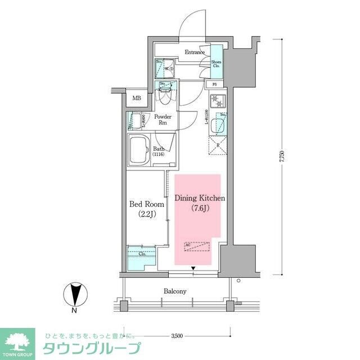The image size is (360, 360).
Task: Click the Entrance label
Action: (x=195, y=52)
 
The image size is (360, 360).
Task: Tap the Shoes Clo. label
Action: (x=216, y=64)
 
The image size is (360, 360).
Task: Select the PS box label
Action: (x=215, y=85)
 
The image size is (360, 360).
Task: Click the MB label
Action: (x=137, y=98)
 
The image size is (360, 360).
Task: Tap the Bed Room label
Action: (x=146, y=204)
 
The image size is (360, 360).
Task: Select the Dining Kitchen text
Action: (x=200, y=199)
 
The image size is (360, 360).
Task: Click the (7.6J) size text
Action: (x=200, y=209)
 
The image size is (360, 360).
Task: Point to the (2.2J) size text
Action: (x=146, y=214)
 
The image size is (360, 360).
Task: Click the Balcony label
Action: (x=175, y=291)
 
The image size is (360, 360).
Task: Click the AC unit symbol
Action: (x=197, y=246)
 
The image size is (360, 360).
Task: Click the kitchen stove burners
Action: (x=217, y=102)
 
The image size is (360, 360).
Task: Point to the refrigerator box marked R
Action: (x=218, y=145)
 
